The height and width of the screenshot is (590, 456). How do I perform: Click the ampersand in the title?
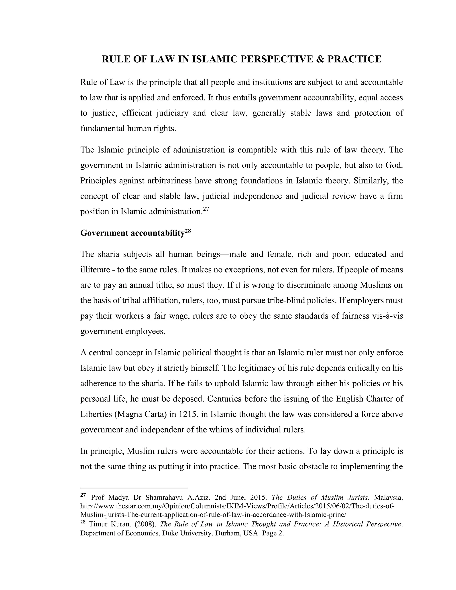coord(319,59)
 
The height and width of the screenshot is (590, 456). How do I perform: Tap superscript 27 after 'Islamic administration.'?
coord(206,209)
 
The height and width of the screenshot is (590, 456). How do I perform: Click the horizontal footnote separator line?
coord(134,488)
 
